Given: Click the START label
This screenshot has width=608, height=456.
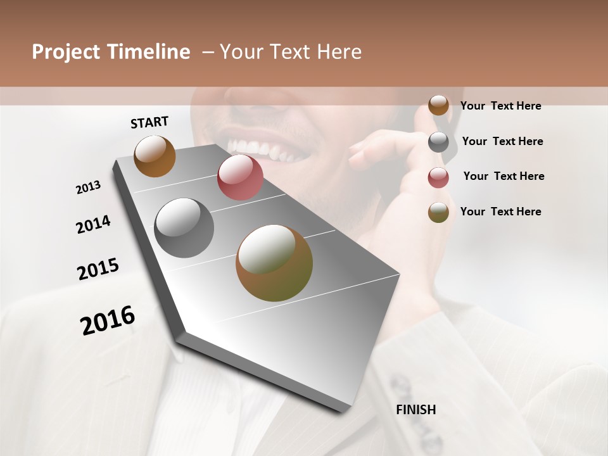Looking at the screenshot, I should click(149, 122).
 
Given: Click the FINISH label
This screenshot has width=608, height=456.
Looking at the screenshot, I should click(415, 410).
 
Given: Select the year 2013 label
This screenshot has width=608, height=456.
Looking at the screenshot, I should click(88, 187).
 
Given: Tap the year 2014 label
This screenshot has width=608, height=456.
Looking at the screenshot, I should click(93, 225).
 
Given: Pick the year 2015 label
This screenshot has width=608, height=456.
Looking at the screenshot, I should click(98, 269).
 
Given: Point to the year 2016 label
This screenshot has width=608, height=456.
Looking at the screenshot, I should click(108, 320).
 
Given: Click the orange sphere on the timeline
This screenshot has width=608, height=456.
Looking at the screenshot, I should click(155, 156).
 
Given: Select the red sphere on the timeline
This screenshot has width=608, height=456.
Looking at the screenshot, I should click(240, 177).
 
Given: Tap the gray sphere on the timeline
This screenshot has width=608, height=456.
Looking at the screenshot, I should click(184, 228).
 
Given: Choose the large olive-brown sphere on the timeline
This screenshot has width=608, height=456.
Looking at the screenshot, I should click(274, 263).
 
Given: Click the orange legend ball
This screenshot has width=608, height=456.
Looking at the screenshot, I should click(438, 105).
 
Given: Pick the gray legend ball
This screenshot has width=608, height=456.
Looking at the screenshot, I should click(438, 142).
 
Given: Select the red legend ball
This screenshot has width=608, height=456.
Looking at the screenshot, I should click(438, 177).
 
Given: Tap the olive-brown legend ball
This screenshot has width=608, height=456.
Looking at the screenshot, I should click(438, 212).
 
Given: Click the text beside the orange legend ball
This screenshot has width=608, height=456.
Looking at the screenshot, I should click(500, 106).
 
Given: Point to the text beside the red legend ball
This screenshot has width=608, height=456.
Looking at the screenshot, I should click(503, 176).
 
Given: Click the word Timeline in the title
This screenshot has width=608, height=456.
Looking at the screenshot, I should click(148, 52).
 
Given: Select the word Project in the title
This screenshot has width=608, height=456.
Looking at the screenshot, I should click(65, 52).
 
